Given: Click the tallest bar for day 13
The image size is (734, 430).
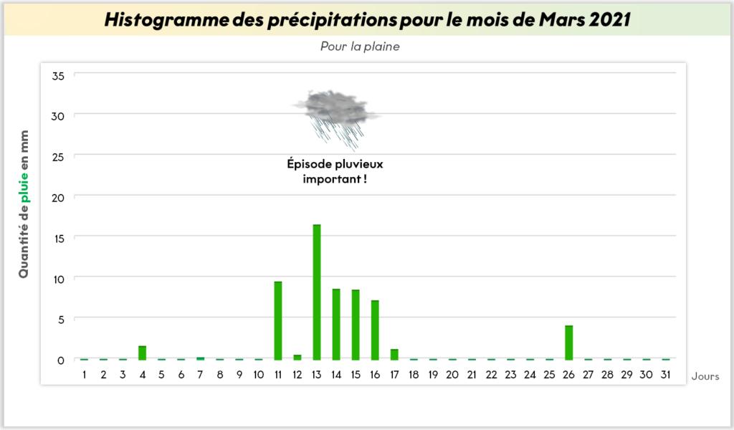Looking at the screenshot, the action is coord(317,292).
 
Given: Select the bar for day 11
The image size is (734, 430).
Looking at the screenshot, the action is coord(278,320).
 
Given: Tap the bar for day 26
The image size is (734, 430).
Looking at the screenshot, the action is coord(568,343).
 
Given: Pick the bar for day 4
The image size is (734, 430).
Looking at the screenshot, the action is coord(143,353).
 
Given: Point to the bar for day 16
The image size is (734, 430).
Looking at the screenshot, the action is coord(375,330).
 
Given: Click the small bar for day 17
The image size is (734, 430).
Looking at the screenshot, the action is coord(394,354).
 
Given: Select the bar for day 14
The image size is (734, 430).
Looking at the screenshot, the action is coord(336,324).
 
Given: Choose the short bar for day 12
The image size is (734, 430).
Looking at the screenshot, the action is coord(297,357).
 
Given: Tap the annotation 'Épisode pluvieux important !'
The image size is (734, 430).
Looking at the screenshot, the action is coord(335,171).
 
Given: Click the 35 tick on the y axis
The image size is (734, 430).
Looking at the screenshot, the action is coord(58,76).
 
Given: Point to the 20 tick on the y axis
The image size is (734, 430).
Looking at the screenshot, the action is coord(58,198).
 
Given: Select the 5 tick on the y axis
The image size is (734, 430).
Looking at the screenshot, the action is coord(61,320).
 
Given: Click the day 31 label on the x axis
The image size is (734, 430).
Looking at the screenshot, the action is coord(665,374).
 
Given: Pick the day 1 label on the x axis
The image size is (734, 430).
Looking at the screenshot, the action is coord(85,374).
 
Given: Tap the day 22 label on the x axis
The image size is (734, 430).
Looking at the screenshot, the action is coord(491,374).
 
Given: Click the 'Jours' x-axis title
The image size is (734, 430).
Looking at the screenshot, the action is coord(705,376).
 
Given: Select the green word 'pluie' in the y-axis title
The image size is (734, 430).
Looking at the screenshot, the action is coord(24,188).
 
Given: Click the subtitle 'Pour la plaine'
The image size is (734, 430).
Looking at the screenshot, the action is coord(360,47).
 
